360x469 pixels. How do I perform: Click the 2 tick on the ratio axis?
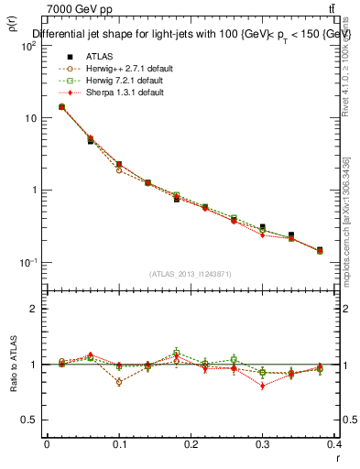(33, 309)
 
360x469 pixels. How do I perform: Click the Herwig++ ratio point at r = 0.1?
(120, 382)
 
